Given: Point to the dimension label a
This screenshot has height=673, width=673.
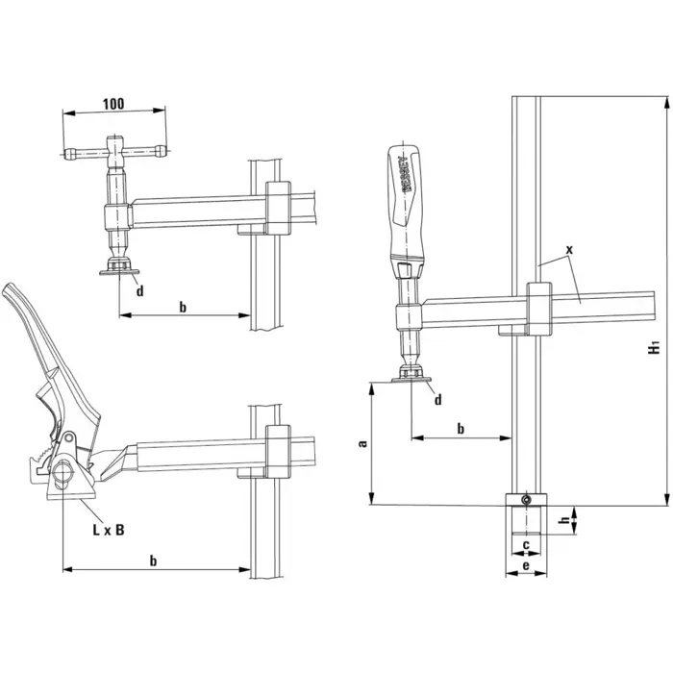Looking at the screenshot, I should (361, 443).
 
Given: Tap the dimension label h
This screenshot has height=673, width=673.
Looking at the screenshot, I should (563, 522).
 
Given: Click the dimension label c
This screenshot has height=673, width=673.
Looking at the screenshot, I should (525, 546).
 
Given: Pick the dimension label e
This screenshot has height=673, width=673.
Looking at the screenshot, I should (525, 567).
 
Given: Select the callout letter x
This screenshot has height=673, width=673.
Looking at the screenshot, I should (569, 249).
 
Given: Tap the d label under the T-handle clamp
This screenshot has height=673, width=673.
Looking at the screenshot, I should (140, 290).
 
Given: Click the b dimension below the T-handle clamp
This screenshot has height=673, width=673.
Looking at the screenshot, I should (184, 305).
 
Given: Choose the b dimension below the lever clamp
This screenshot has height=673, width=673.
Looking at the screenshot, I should (155, 559).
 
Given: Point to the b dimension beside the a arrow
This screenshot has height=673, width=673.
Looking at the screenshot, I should (461, 428).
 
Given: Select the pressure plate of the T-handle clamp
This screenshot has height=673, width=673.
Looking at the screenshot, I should (119, 271).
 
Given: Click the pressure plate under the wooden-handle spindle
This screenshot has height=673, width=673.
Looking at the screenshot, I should (411, 381).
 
